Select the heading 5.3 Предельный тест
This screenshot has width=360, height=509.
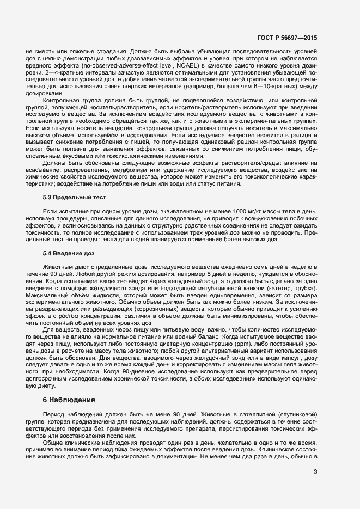[x=74, y=197]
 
